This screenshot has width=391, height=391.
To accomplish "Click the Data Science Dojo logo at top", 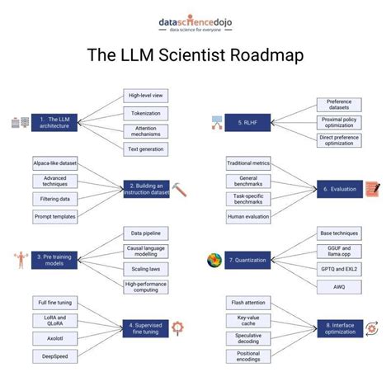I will (195, 24).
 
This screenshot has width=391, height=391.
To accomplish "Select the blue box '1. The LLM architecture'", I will (54, 123).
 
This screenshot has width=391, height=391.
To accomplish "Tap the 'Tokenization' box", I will (145, 113).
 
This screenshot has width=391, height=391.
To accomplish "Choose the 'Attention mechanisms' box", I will (145, 130).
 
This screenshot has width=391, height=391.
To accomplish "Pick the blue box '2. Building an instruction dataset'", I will (147, 189).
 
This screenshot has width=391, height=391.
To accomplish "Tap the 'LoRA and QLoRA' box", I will (51, 321).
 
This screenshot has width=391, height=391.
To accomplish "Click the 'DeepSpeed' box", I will (51, 356).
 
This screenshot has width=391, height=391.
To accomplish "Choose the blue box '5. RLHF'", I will (249, 123).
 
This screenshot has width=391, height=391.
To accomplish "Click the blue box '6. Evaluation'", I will (339, 189).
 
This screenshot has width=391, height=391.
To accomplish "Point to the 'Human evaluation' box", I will (247, 216).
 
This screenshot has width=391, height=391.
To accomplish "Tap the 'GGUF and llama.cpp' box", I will (339, 251).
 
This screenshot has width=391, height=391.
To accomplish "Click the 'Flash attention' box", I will (247, 302).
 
